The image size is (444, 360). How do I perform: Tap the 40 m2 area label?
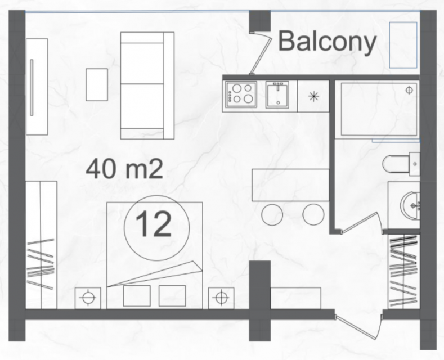coord(124,169)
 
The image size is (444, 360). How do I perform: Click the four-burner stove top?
coord(241,94)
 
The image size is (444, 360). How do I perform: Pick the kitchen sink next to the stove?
coord(277,94)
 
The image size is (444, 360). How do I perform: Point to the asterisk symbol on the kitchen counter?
coord(313,97)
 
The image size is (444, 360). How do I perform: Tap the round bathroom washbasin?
coord(410,205)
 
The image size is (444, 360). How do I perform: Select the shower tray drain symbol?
coord(409,91)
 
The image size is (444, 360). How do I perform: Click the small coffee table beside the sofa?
coord(97,84)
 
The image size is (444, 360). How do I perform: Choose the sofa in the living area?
coord(147,85)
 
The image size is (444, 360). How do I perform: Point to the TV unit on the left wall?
coord(37,87)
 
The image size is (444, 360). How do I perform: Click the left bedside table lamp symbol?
coord(88,298)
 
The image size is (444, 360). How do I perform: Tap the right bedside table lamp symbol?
coord(221,298)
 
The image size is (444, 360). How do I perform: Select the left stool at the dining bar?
coord(272,214)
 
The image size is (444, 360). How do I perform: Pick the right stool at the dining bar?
coord(313,214)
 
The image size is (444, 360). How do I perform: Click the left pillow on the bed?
coord(137,296)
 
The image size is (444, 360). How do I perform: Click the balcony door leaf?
coord(260,53)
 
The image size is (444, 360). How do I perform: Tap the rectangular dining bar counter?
coord(290,185)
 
